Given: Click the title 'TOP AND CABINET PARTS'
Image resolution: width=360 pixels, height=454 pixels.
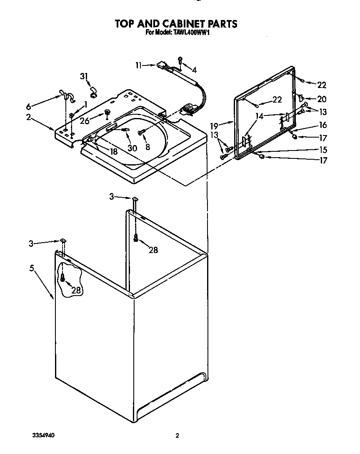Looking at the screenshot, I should tap(176, 24).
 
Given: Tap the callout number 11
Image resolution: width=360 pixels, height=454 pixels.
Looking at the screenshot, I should tap(139, 65).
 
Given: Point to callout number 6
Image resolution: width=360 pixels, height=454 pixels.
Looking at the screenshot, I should tap(28, 106).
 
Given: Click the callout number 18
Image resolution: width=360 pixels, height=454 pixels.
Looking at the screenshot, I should tap(113, 152).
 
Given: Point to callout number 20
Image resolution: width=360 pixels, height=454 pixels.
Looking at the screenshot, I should tap(322, 100).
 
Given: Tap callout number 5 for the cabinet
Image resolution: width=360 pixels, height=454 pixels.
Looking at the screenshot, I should tap(31, 268).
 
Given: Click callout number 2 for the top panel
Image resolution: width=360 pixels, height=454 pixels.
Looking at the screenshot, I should tap(28, 117).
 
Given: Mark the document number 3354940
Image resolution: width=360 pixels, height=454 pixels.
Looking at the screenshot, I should tap(43, 436).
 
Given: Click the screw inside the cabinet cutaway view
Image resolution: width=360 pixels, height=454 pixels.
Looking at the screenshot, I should tap(62, 277).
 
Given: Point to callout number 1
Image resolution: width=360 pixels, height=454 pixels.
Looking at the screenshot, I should tap(85, 104).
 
